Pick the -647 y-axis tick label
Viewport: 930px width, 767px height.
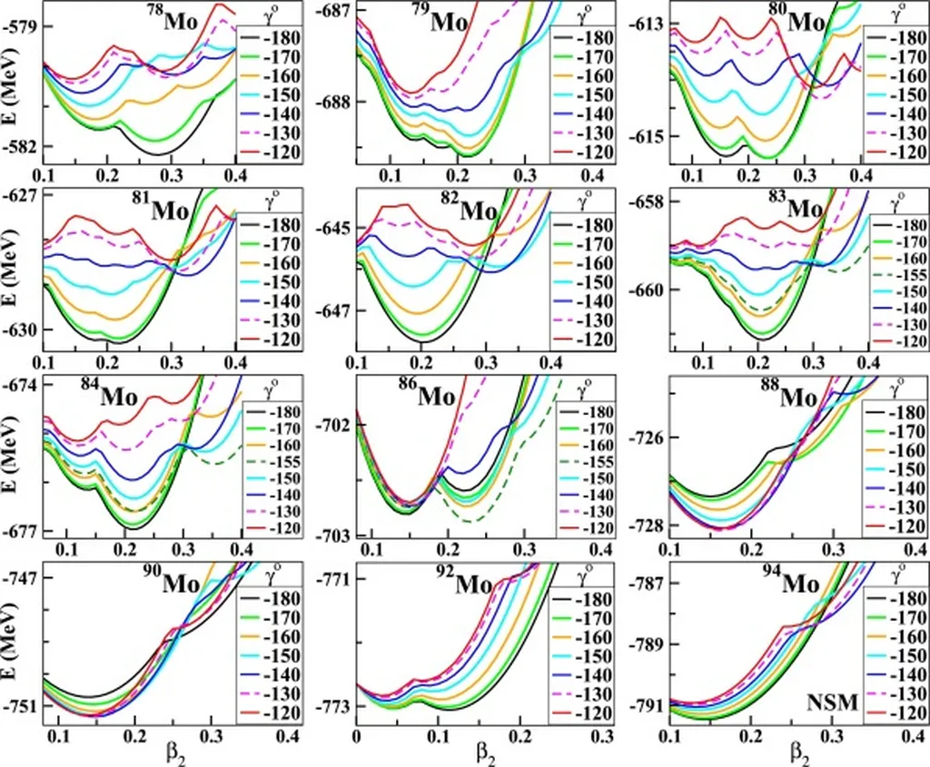(337, 311)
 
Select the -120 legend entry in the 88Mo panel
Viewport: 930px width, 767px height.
(898, 527)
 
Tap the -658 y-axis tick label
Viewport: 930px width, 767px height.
(652, 201)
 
